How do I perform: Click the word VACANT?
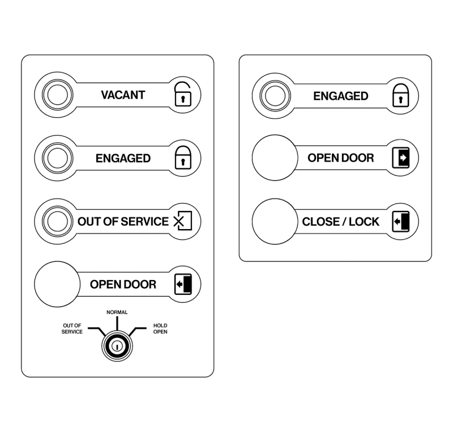123,95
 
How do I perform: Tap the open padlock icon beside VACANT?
183,94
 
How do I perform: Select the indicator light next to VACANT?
58,95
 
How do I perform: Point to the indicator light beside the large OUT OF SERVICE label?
58,222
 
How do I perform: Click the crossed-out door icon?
183,221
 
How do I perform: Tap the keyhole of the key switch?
117,346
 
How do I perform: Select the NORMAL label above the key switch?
117,312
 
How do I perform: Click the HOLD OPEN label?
160,328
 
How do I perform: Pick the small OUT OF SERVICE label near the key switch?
72,328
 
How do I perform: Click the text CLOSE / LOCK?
341,222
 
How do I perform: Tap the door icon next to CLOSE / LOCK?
401,222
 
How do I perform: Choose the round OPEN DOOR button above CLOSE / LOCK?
275,158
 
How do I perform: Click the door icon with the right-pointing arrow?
401,158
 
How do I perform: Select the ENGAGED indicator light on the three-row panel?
275,96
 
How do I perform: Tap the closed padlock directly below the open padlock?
183,158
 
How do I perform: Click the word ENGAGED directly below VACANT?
123,158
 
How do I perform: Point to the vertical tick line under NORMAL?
117,324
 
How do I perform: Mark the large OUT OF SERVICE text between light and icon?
123,222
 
